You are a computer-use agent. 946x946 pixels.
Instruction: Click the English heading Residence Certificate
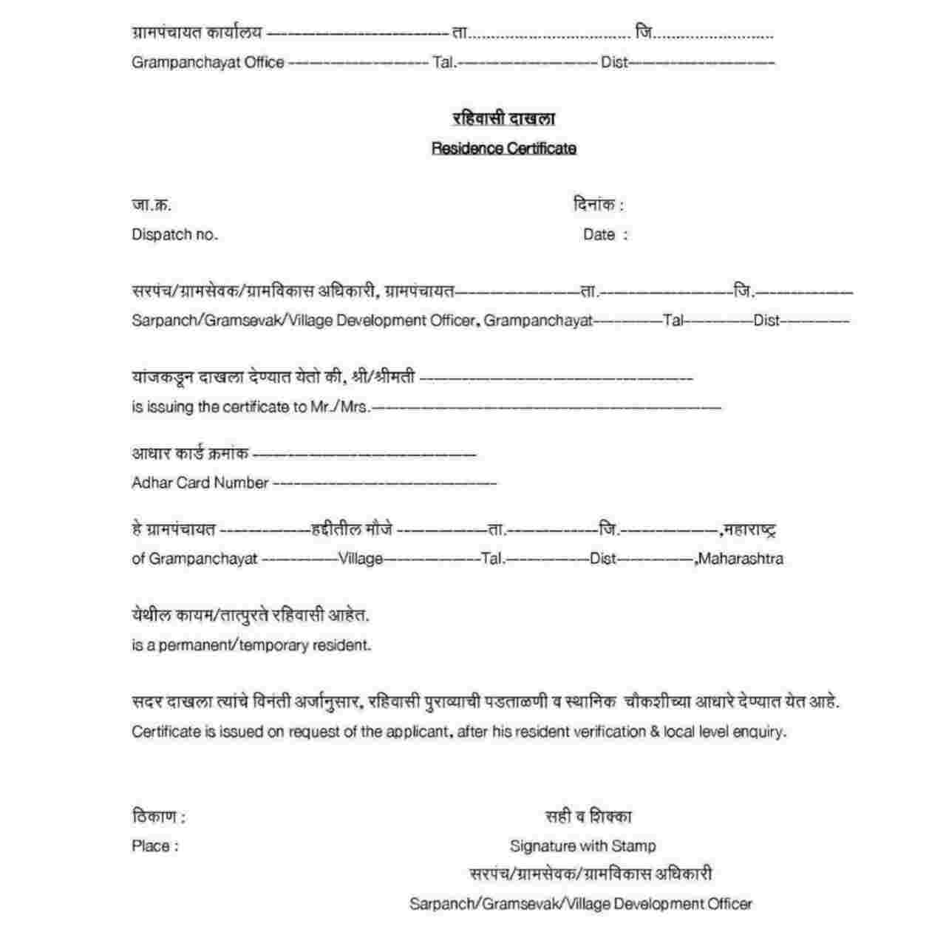pos(503,149)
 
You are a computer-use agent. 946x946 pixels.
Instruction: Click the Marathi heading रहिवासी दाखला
pos(503,118)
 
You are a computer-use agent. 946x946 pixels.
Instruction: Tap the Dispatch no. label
pos(174,235)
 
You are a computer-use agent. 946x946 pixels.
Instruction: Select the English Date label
pos(599,235)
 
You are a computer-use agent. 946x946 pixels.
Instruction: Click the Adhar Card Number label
pos(200,483)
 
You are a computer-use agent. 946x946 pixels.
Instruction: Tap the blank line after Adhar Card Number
pos(385,484)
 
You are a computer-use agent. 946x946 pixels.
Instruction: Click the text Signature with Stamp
pos(582,846)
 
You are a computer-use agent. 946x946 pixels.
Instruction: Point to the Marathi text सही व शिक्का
pos(588,817)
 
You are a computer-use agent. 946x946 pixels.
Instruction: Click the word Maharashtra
pos(740,559)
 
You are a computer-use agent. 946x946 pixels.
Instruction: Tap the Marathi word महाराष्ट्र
pos(749,529)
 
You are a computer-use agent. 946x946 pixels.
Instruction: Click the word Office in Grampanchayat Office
pos(264,63)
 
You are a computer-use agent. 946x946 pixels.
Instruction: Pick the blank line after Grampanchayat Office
pos(358,64)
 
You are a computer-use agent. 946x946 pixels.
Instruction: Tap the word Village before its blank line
pos(361,559)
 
